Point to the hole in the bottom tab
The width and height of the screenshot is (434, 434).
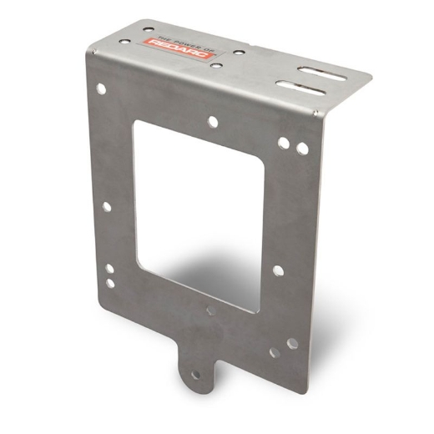coord(195,376)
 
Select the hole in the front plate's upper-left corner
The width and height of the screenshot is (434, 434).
coord(101,87)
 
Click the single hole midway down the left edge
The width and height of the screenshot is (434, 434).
coord(106,206)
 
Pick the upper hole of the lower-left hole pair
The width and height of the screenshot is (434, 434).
coord(109,269)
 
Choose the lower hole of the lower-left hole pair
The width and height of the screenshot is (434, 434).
coord(110,283)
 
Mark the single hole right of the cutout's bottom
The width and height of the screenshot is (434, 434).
coord(278,270)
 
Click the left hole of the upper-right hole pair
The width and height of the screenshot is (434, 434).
coord(284,142)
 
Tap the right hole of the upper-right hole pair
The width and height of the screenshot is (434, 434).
coord(302,149)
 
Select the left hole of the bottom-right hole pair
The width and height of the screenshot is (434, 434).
coord(275,352)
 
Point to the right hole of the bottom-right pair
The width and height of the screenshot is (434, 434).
coord(292,343)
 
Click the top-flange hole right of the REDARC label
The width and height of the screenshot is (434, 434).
coord(238,52)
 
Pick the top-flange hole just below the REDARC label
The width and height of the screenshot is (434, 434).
coord(214,64)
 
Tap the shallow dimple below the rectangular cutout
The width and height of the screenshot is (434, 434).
coord(210,310)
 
